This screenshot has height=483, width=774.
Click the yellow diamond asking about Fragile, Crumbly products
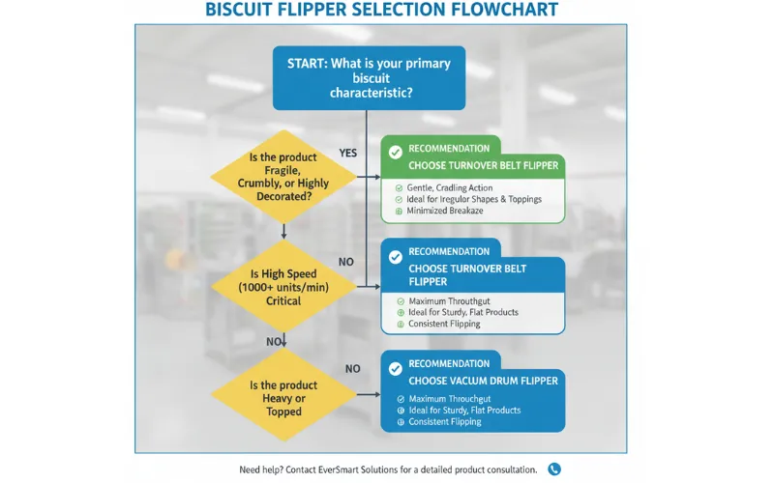pyautogui.click(x=283, y=176)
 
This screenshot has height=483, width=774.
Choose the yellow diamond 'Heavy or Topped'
pyautogui.click(x=283, y=398)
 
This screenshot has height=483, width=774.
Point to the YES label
pyautogui.click(x=349, y=153)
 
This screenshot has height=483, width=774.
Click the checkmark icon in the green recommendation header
pyautogui.click(x=395, y=151)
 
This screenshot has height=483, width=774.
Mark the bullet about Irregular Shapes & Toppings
pyautogui.click(x=469, y=199)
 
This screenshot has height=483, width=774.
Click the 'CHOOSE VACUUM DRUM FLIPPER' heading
pyautogui.click(x=483, y=381)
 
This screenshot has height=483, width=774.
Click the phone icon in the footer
pyautogui.click(x=554, y=469)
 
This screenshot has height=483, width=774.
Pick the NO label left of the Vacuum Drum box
pyautogui.click(x=352, y=369)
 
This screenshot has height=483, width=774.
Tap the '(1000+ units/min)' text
pyautogui.click(x=283, y=288)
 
